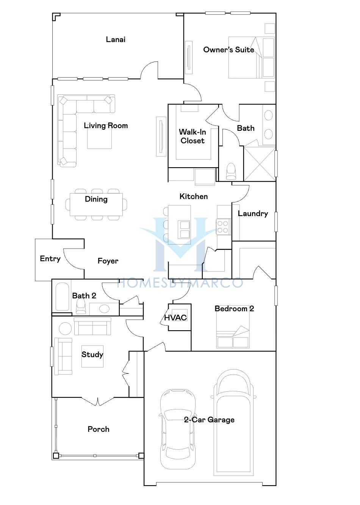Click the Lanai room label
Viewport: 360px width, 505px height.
[x=116, y=40]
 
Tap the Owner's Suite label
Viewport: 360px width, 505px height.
[x=229, y=50]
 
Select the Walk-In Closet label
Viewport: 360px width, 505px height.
[x=193, y=136]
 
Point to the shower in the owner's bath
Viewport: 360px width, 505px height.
[x=260, y=164]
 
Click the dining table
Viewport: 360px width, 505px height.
[x=96, y=204]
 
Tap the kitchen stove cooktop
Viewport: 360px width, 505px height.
[x=223, y=227]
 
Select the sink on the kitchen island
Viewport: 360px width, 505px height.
[x=184, y=229]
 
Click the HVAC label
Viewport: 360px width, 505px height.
[x=175, y=318]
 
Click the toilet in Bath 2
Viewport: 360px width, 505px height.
[x=81, y=307]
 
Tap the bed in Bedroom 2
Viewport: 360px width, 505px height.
[x=233, y=327]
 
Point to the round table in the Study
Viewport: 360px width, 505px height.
[x=65, y=329]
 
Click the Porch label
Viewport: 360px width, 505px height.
[x=99, y=429]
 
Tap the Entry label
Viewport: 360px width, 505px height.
[x=50, y=259]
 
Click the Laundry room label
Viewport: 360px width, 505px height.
[x=253, y=213]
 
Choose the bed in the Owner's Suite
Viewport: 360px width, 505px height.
[x=252, y=58]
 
